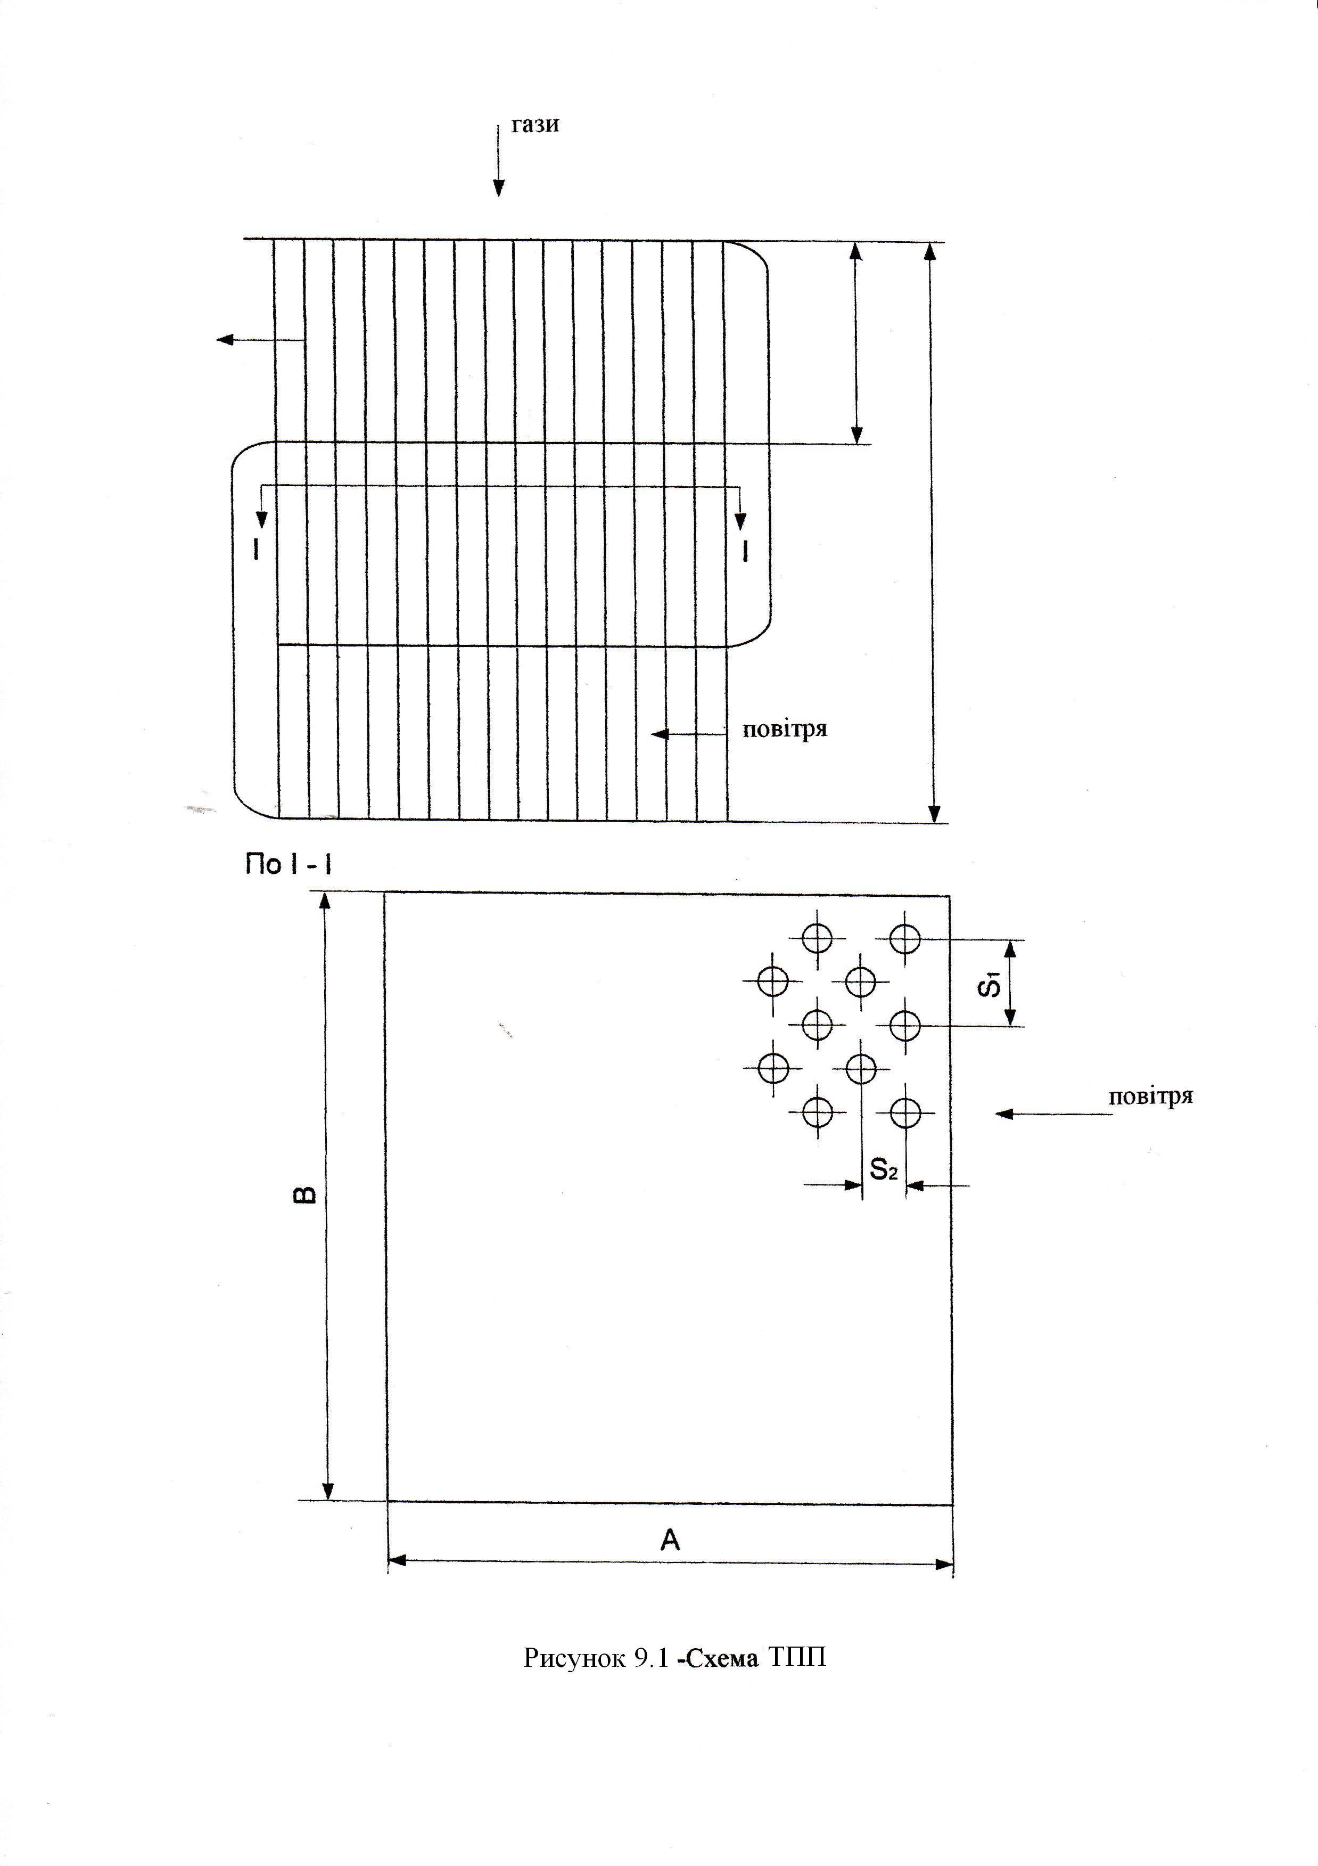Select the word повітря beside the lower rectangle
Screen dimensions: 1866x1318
pos(1151,1096)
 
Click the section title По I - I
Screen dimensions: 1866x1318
pos(289,865)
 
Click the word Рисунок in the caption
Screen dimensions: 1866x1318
pos(573,1657)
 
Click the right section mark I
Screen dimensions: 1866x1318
pos(745,551)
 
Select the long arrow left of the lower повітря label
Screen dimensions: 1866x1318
pos(1053,1114)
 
